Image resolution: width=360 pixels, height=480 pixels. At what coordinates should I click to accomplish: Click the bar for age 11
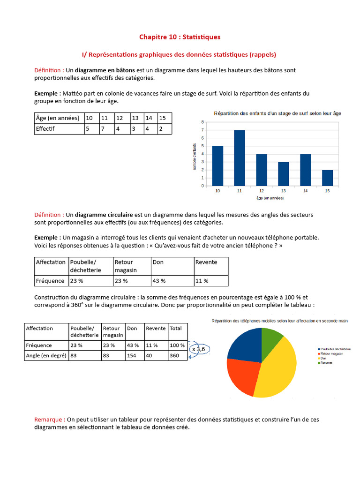(x=240, y=158)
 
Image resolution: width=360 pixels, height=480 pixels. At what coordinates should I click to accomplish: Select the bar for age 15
(x=327, y=178)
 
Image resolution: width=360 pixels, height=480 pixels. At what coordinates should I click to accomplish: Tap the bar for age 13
(x=283, y=174)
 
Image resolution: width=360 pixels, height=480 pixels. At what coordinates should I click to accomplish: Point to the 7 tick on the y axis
(x=202, y=130)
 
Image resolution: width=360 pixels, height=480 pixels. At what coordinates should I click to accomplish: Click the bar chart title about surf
(x=277, y=113)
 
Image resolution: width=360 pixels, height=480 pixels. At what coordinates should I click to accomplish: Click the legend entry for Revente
(x=327, y=363)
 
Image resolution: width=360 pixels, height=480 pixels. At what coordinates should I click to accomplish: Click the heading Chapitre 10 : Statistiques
(x=180, y=37)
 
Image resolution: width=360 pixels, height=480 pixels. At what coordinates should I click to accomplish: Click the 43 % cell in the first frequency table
(x=159, y=281)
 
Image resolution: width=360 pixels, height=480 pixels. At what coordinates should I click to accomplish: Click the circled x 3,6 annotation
(x=198, y=349)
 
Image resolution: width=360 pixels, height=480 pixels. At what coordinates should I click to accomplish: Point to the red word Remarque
(x=49, y=420)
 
